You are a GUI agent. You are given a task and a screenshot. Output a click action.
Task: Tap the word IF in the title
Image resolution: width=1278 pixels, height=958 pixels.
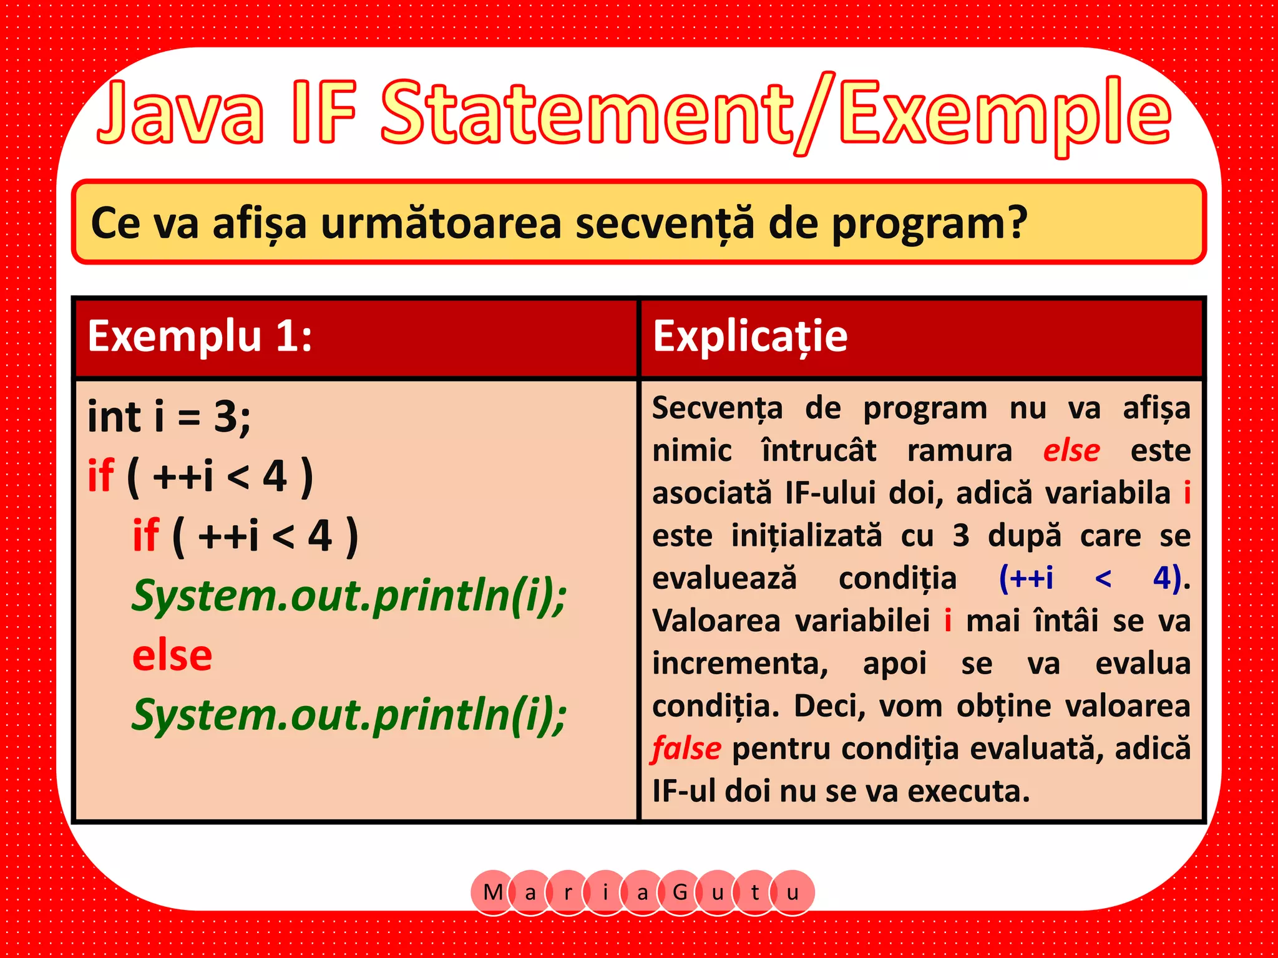[x=324, y=112]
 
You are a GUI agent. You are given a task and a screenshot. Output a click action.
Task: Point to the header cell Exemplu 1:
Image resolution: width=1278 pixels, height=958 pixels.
[x=200, y=337]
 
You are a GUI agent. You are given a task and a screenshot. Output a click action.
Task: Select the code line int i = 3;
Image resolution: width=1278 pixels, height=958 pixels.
[x=169, y=417]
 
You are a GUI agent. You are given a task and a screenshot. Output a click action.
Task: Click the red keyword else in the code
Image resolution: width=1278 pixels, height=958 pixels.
[x=172, y=656]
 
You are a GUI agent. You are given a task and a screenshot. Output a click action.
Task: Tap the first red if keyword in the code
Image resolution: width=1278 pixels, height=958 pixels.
[x=101, y=476]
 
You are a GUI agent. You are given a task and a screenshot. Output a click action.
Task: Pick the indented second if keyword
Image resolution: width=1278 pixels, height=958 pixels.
[x=146, y=536]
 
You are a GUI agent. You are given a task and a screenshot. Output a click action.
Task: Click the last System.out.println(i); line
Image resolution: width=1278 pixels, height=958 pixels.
[x=349, y=715]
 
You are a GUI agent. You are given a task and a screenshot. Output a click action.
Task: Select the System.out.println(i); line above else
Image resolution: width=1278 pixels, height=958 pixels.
[x=349, y=596]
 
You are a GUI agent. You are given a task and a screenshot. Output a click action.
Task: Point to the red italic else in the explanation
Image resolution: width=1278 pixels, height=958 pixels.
[x=1071, y=450]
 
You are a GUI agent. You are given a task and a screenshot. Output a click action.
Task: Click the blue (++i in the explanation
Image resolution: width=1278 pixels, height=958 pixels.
[x=1026, y=578]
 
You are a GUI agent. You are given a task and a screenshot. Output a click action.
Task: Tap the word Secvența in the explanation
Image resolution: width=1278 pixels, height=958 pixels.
[x=717, y=409]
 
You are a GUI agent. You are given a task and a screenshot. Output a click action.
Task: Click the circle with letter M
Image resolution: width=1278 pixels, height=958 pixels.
[x=493, y=893]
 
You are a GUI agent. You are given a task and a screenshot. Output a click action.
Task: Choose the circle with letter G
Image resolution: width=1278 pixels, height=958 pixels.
[x=680, y=893]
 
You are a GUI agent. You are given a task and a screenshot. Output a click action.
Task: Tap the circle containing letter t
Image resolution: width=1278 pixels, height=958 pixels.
[x=755, y=893]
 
